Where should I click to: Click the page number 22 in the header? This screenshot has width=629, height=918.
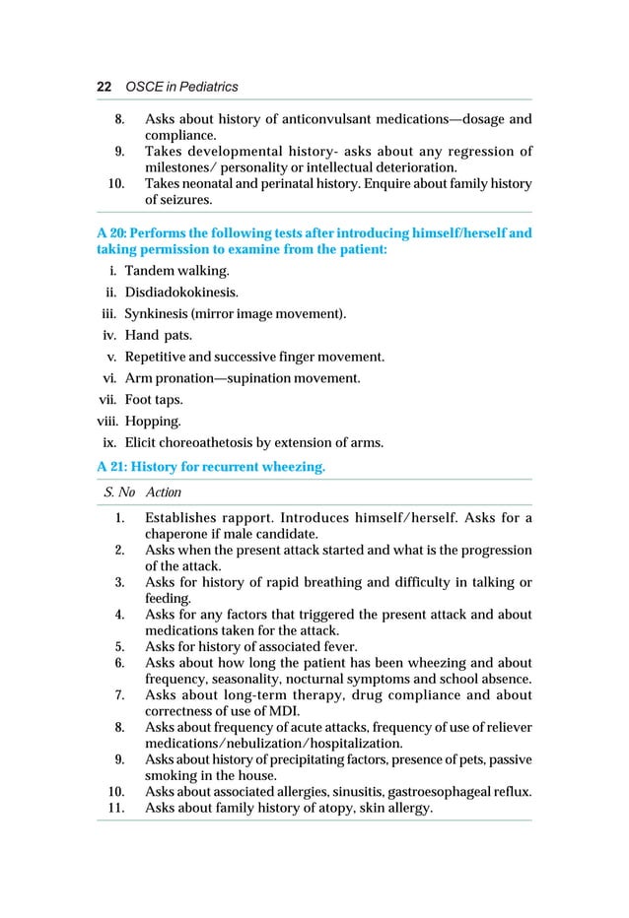[103, 88]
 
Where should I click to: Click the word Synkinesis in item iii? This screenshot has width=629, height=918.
[156, 314]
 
